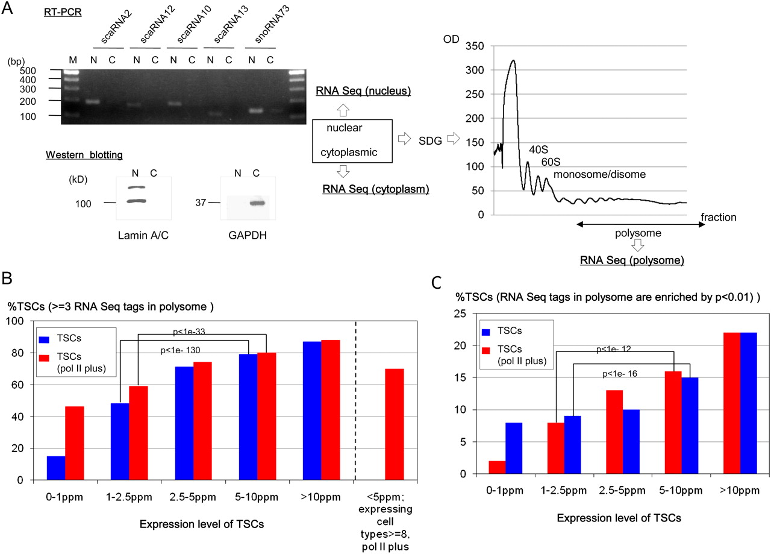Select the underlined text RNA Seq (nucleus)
[x=363, y=92]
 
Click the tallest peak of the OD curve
[x=513, y=61]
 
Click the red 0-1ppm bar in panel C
[x=496, y=468]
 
